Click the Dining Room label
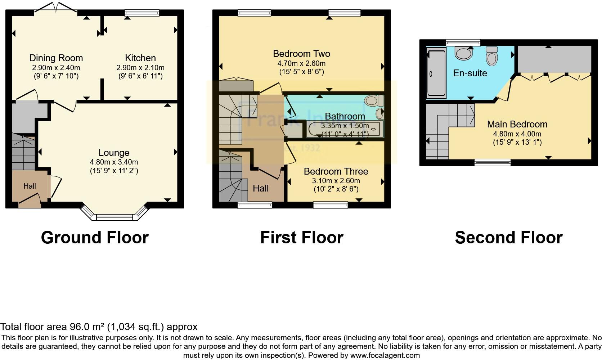[x=56, y=58]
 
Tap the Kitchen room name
[x=140, y=58]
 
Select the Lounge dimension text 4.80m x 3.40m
[x=114, y=162]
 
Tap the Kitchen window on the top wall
[x=142, y=13]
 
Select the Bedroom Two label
[x=301, y=54]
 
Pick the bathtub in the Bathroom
[x=345, y=129]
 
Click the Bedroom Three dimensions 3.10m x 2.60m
[x=336, y=181]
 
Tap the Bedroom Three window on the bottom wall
[x=331, y=205]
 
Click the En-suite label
[x=470, y=73]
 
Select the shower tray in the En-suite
[x=436, y=74]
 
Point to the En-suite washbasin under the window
[x=463, y=54]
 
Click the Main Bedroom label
[x=517, y=124]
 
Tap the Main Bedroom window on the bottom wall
[x=492, y=162]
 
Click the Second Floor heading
[x=508, y=238]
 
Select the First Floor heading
[x=301, y=238]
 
